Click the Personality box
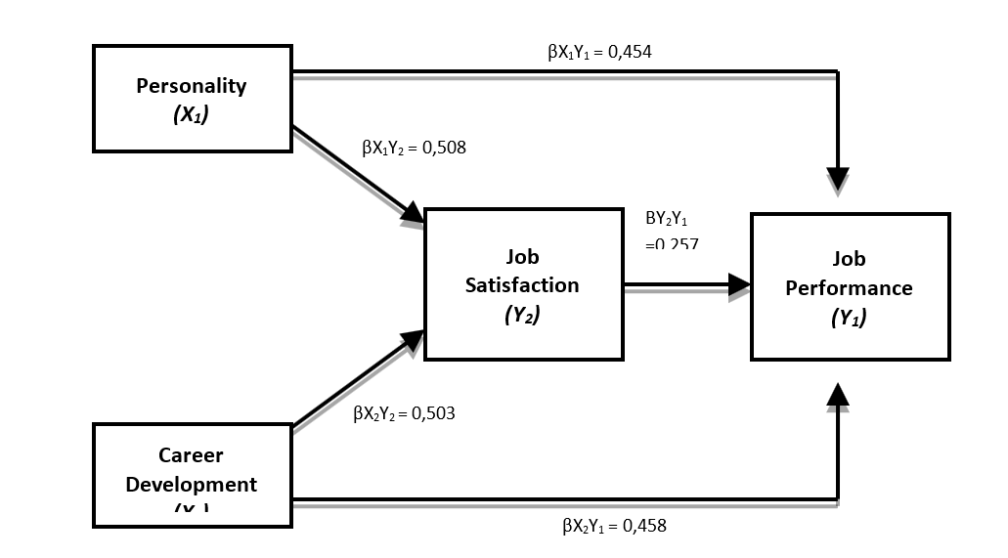point(192,98)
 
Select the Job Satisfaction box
point(523,283)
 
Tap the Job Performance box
point(849,286)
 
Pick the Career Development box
point(192,474)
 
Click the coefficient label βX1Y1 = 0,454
point(598,51)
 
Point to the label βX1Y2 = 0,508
point(414,149)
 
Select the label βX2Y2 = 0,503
point(404,413)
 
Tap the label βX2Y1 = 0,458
point(614,526)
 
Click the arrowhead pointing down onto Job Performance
point(838,180)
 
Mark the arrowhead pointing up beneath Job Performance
point(838,393)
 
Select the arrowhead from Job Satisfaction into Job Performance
point(739,284)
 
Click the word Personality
point(192,85)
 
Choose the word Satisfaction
point(522,284)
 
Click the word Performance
point(849,288)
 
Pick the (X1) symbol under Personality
point(192,113)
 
